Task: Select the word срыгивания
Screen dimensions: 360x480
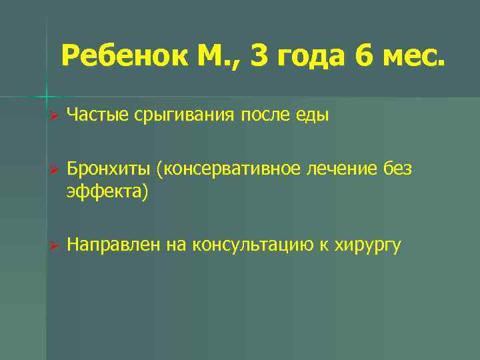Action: click(x=183, y=116)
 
